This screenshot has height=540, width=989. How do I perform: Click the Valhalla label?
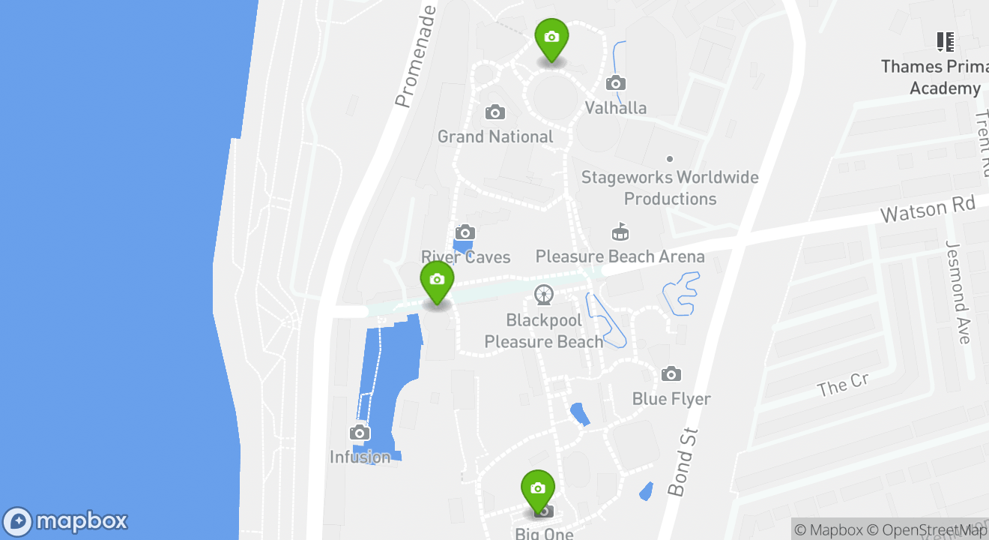pyautogui.click(x=615, y=108)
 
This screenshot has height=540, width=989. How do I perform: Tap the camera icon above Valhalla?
pyautogui.click(x=616, y=82)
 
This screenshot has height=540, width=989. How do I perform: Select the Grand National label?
pyautogui.click(x=495, y=136)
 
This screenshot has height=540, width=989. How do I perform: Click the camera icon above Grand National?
pyautogui.click(x=494, y=112)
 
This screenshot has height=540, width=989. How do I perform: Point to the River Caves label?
pyautogui.click(x=465, y=257)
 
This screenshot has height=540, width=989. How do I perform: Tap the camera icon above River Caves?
pyautogui.click(x=465, y=232)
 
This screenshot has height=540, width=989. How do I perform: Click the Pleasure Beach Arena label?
pyautogui.click(x=620, y=256)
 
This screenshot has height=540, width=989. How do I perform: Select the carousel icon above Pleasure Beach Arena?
pyautogui.click(x=620, y=232)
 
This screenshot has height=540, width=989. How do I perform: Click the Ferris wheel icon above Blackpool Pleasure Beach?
pyautogui.click(x=544, y=295)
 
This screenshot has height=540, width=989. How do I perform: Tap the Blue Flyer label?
pyautogui.click(x=671, y=398)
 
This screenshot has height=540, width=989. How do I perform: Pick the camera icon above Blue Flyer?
pyautogui.click(x=671, y=373)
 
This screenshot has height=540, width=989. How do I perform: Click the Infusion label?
pyautogui.click(x=360, y=457)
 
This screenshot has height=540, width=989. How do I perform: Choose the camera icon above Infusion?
pyautogui.click(x=360, y=433)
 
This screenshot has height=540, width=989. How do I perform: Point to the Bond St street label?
pyautogui.click(x=683, y=462)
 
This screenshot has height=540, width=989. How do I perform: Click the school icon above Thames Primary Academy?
pyautogui.click(x=946, y=42)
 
